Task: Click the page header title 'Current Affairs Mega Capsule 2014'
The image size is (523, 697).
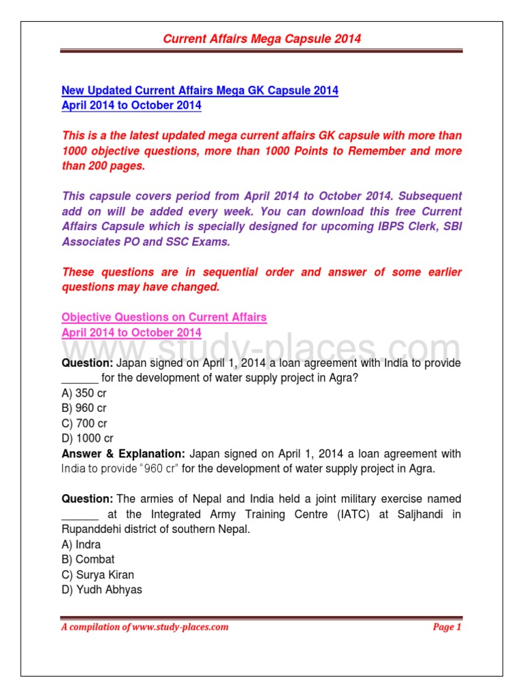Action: [x=261, y=39]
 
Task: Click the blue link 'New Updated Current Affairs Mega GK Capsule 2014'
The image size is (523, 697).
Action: [x=200, y=91]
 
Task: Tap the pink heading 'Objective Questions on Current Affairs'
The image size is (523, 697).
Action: [x=164, y=317]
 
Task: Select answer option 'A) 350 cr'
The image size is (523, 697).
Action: [x=84, y=393]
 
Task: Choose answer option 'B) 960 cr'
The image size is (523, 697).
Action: [x=84, y=408]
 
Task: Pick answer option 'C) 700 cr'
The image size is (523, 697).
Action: [x=84, y=423]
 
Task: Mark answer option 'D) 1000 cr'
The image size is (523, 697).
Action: [x=87, y=438]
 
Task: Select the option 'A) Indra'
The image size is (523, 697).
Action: [x=81, y=545]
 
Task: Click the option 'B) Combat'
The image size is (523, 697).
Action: [x=88, y=560]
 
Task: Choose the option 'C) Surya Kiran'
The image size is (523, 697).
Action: [x=98, y=574]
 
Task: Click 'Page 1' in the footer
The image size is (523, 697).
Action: [x=447, y=627]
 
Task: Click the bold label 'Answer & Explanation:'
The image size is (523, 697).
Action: [x=123, y=453]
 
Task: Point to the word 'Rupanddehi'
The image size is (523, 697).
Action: [x=89, y=530]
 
